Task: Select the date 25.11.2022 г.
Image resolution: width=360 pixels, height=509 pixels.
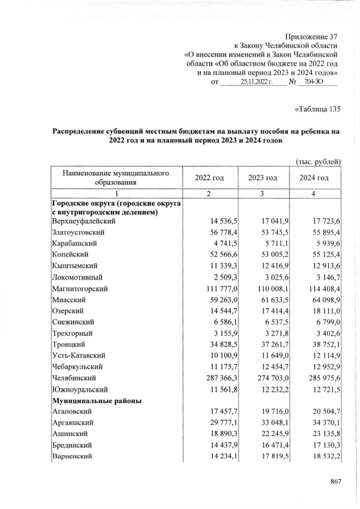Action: (x=256, y=82)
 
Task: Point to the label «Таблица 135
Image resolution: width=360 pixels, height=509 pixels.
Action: (x=317, y=109)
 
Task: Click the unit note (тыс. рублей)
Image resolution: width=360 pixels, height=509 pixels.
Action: (x=318, y=162)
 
